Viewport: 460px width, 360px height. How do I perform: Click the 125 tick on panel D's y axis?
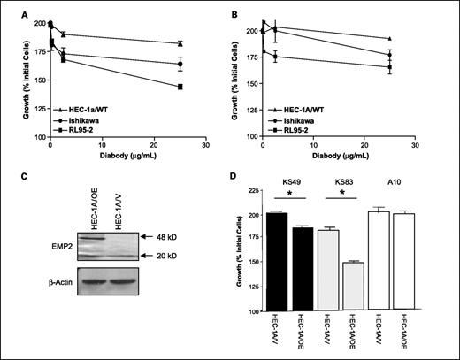coord(254,287)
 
